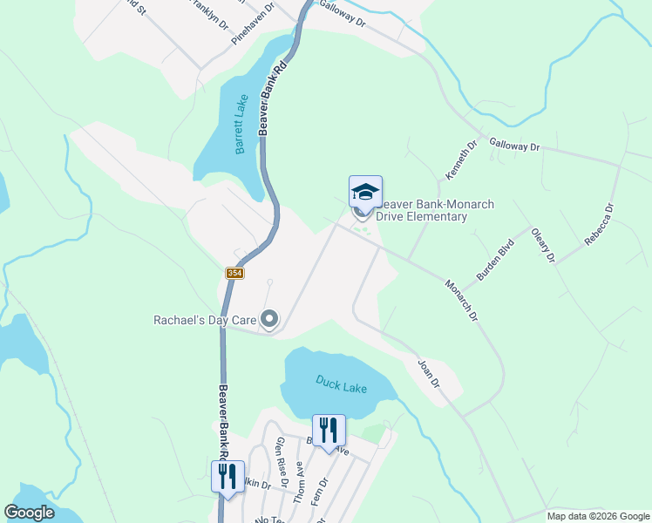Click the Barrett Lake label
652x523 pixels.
click(241, 124)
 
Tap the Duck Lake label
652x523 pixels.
click(341, 384)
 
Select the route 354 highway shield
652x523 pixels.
click(234, 273)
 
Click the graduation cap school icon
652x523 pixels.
click(365, 192)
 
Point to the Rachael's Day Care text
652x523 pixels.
click(205, 321)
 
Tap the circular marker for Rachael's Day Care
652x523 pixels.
click(269, 321)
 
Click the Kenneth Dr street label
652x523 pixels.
click(462, 160)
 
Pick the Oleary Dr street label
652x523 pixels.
click(543, 245)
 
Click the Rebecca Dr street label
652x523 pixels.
click(600, 224)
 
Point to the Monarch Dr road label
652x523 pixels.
click(462, 300)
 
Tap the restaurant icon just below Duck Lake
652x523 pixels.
click(329, 430)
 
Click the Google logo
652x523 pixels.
click(30, 513)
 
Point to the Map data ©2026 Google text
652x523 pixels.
click(597, 516)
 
